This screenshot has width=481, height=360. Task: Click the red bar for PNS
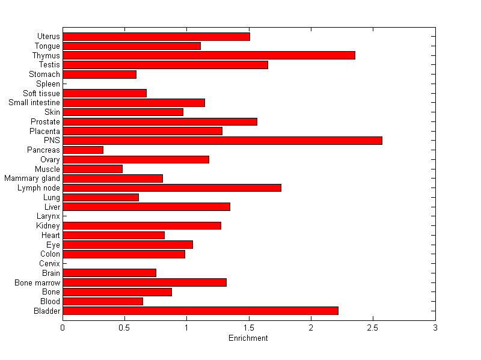click(222, 141)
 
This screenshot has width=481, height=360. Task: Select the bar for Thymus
click(209, 55)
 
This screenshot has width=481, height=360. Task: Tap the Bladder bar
click(200, 311)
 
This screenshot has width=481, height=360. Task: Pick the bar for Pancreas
click(83, 150)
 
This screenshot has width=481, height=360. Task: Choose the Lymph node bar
click(172, 188)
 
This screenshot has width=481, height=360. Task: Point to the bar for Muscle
click(93, 169)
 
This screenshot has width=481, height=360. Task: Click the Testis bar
click(165, 65)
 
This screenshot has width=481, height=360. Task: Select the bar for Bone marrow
click(144, 282)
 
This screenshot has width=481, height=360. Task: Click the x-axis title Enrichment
click(248, 338)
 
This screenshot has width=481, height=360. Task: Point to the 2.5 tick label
click(373, 328)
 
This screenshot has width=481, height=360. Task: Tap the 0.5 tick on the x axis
click(124, 328)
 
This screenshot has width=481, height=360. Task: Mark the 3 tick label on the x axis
click(435, 328)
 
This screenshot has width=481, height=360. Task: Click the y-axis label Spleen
click(48, 84)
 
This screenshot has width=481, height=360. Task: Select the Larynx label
click(48, 216)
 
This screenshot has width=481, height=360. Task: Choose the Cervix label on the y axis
click(49, 264)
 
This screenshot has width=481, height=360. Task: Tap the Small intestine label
click(34, 103)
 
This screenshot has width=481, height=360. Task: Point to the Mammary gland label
click(32, 178)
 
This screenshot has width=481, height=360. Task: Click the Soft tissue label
click(41, 93)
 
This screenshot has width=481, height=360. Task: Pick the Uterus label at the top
click(49, 37)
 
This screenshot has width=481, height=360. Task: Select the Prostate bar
click(160, 121)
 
